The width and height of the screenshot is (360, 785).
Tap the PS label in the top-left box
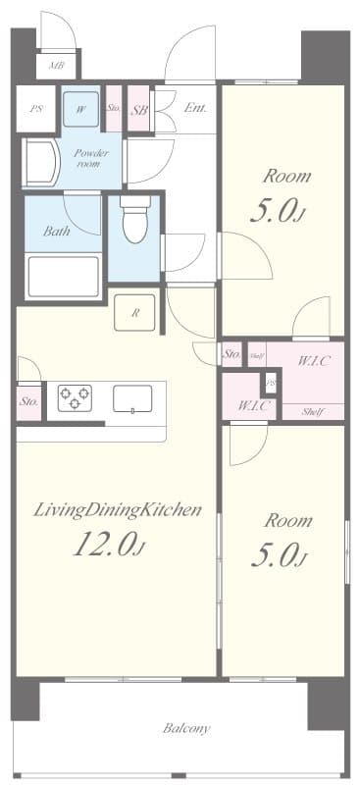[x=36, y=109]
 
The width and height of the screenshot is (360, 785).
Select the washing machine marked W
[x=80, y=110]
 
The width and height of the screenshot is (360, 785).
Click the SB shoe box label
[x=139, y=110]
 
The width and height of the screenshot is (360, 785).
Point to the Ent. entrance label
[x=195, y=108]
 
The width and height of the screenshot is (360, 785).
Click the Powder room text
[x=91, y=159]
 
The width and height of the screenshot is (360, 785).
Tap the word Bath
[x=56, y=232]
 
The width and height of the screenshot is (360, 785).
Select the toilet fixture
[x=134, y=222]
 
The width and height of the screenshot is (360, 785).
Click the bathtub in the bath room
[x=64, y=276]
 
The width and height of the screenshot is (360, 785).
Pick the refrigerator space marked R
[x=135, y=314]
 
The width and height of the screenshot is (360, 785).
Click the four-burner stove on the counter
[x=75, y=397]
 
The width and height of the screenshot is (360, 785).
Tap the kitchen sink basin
[x=132, y=398]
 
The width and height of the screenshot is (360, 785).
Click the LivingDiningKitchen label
[x=118, y=509]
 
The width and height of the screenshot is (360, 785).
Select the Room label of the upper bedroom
[x=285, y=178]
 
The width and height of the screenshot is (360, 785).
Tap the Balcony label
[x=185, y=728]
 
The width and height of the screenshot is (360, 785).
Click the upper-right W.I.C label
[x=314, y=360]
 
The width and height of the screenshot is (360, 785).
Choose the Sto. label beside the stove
[x=28, y=401]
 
